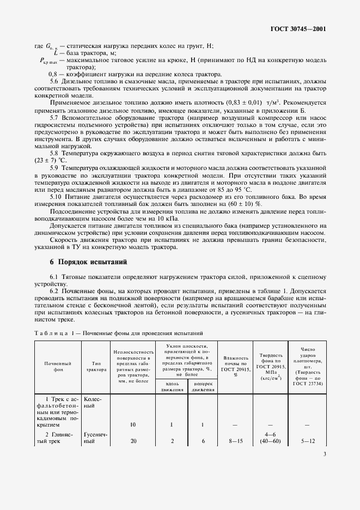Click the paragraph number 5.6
click(56, 81)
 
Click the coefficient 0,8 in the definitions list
click(53, 74)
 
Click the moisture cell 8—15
click(236, 441)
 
